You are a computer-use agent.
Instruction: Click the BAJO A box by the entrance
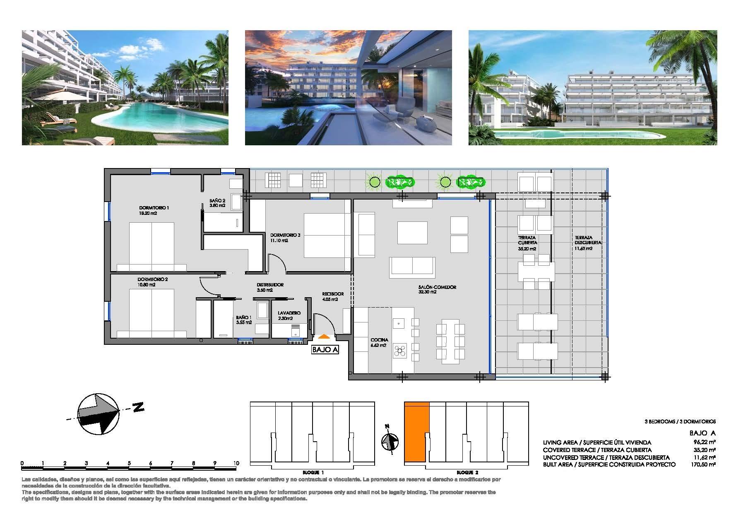click(x=325, y=350)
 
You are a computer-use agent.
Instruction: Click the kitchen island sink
click(x=399, y=322)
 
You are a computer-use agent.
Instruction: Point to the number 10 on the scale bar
click(x=236, y=463)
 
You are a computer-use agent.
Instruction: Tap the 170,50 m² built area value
click(x=707, y=464)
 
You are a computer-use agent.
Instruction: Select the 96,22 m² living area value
click(x=707, y=442)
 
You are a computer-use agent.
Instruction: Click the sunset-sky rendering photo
click(x=348, y=87)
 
